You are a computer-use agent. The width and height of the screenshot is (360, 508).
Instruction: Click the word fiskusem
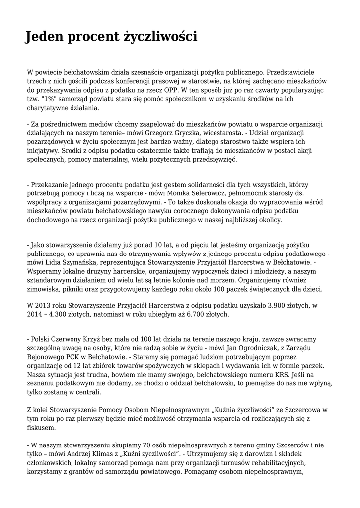coord(42,427)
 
